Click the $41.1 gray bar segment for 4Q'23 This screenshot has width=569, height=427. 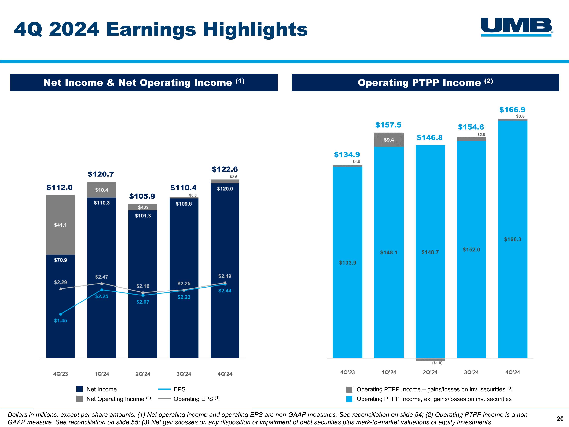[61, 225]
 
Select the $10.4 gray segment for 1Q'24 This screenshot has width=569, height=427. [102, 190]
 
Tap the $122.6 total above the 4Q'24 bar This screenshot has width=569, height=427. [225, 169]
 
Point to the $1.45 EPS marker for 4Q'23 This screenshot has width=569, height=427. [61, 314]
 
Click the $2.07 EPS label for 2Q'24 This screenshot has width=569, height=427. [143, 302]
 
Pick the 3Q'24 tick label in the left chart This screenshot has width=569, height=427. [184, 374]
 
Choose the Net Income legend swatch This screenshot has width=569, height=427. [79, 389]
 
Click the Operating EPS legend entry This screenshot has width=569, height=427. [189, 399]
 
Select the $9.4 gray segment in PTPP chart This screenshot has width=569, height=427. [389, 140]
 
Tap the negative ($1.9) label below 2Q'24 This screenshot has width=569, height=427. [437, 363]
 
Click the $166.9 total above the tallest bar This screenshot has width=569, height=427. [512, 110]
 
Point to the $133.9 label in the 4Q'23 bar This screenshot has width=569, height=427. [347, 262]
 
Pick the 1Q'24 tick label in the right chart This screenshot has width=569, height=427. [389, 372]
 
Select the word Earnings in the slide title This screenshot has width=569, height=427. [151, 30]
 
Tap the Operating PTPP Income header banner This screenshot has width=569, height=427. [425, 83]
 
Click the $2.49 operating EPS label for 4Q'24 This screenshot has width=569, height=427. [225, 276]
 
